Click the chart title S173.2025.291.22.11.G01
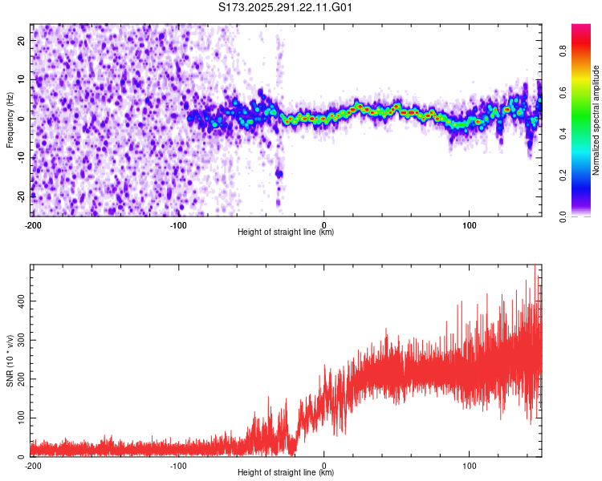pos(287,8)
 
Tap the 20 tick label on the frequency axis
pos(22,40)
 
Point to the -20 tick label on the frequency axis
pos(21,196)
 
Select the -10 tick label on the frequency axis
pos(21,157)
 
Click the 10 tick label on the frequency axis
pos(22,79)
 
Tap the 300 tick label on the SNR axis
pos(20,339)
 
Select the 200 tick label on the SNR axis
pos(20,378)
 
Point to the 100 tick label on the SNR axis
pos(20,418)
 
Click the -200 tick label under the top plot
pos(33,224)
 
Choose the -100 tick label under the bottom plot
pos(178,464)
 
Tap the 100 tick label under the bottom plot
pos(470,464)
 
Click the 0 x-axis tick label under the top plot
pos(324,224)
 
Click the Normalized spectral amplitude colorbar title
pos(597,120)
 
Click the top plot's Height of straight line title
pos(287,232)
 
